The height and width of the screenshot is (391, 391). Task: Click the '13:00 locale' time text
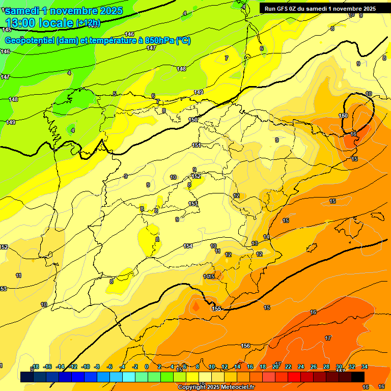pyautogui.click(x=40, y=22)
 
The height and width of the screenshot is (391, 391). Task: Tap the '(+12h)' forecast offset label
pyautogui.click(x=88, y=23)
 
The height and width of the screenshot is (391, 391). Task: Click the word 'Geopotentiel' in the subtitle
pyautogui.click(x=30, y=41)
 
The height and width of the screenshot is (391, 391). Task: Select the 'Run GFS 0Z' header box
pyautogui.click(x=320, y=8)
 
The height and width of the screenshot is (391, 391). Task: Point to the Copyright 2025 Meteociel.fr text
pyautogui.click(x=216, y=387)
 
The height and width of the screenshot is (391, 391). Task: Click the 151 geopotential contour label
pyautogui.click(x=197, y=146)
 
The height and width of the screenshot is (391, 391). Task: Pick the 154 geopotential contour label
pyautogui.click(x=188, y=246)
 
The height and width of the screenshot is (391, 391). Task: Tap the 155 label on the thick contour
pyautogui.click(x=216, y=309)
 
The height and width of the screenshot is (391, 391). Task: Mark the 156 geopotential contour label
pyautogui.click(x=245, y=346)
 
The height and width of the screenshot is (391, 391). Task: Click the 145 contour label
pyautogui.click(x=6, y=30)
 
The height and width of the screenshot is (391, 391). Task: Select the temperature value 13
pyautogui.click(x=255, y=244)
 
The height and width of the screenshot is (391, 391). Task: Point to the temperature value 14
pyautogui.click(x=266, y=237)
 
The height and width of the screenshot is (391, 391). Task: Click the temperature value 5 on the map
pyautogui.click(x=115, y=94)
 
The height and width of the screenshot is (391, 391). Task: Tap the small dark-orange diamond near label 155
pyautogui.click(x=195, y=306)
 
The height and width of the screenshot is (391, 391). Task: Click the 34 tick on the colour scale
pyautogui.click(x=364, y=367)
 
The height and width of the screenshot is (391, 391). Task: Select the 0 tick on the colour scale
pyautogui.click(x=147, y=367)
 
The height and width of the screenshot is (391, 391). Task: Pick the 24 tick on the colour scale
pyautogui.click(x=301, y=367)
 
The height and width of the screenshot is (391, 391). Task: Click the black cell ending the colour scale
pyautogui.click(x=357, y=377)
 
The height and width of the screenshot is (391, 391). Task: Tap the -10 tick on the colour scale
pyautogui.click(x=86, y=367)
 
